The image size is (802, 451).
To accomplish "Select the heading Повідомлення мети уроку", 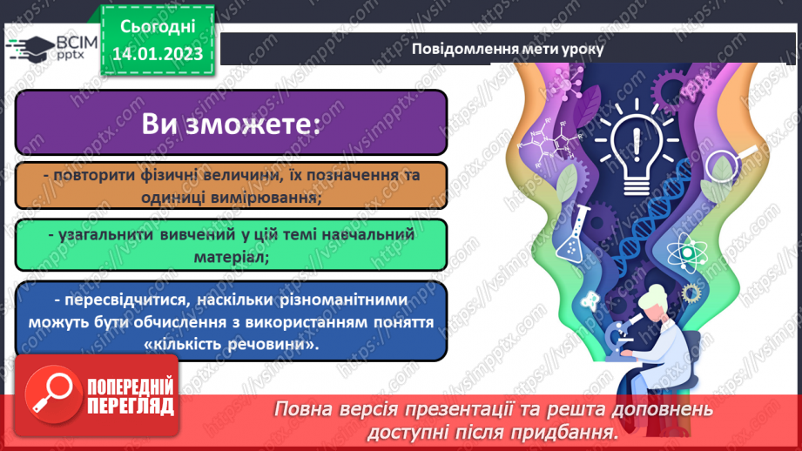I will (x=507, y=49).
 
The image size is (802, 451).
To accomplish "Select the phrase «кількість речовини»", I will (x=231, y=345).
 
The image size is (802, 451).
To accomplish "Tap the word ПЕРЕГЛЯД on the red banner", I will (x=131, y=406).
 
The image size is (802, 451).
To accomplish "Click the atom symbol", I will (x=684, y=252).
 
